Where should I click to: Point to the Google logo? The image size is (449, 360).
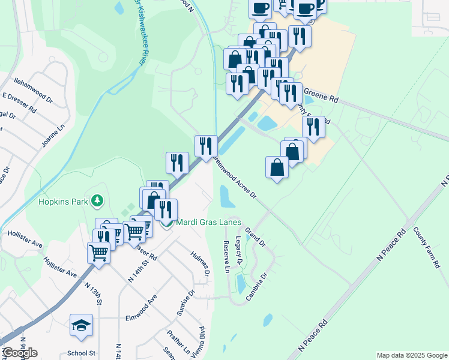(20, 353)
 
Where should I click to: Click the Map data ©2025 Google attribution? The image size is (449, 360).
(411, 355)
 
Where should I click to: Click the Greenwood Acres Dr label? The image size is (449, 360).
(236, 177)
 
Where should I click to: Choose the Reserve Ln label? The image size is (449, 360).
(227, 257)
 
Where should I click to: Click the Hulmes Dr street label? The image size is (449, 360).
(200, 263)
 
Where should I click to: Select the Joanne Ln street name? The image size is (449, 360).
(52, 136)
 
